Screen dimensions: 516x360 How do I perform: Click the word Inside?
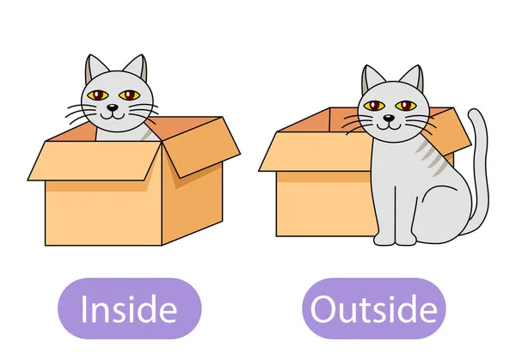128,309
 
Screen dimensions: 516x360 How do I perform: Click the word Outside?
374,309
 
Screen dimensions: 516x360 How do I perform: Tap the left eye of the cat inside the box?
97,95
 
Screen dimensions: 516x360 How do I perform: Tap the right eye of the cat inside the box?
130,95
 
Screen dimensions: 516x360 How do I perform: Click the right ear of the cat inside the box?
136,68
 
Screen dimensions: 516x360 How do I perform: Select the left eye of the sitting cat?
373,106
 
